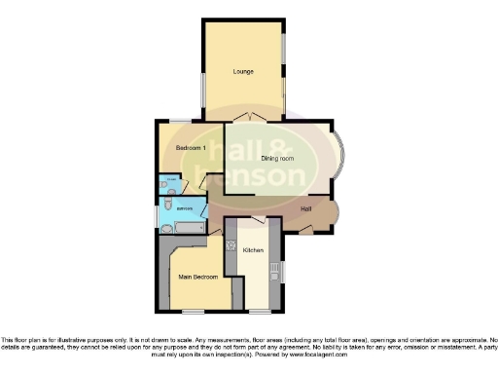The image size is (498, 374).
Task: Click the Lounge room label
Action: point(243,72)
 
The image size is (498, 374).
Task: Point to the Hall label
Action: point(306,208)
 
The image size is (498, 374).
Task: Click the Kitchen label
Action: point(254,250)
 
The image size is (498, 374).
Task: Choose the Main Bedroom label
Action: point(197,277)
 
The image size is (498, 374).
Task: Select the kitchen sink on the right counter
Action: point(275,270)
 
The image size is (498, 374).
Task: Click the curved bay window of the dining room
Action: point(340,159)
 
